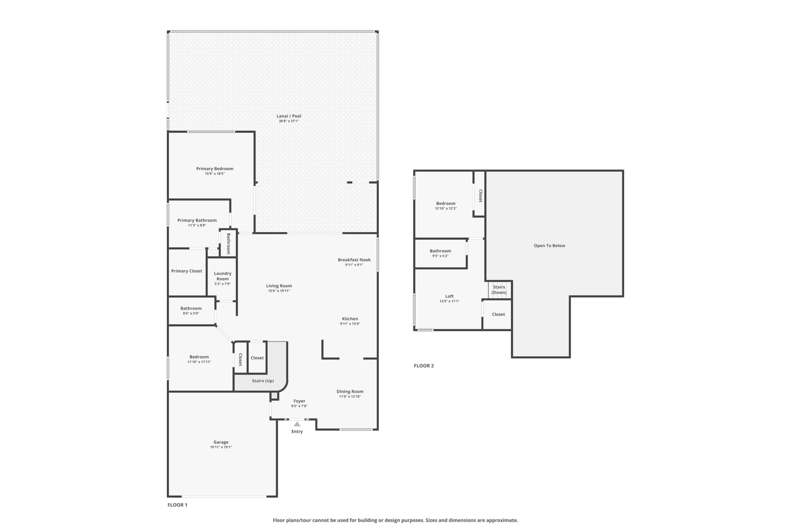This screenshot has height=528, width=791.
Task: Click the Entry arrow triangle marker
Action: click(x=297, y=424)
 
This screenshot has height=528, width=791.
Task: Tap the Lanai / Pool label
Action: click(x=289, y=116)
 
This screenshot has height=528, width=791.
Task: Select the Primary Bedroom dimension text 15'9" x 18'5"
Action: click(x=215, y=174)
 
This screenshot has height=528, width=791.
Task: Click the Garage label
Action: click(x=221, y=442)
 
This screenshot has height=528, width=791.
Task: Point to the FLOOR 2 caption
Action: click(x=424, y=366)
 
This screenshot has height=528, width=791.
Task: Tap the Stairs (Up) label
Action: click(x=263, y=381)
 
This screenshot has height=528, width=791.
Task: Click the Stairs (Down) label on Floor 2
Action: click(x=499, y=290)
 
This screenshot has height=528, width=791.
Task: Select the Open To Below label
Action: click(x=550, y=246)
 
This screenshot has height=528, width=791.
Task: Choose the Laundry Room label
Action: click(x=223, y=276)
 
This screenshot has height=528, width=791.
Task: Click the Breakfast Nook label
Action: click(x=354, y=260)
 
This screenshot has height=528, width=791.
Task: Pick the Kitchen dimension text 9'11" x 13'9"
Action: click(x=350, y=324)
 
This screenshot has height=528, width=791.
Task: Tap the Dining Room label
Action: click(x=350, y=391)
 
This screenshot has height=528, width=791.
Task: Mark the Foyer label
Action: click(x=299, y=401)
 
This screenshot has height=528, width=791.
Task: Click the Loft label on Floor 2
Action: click(x=449, y=296)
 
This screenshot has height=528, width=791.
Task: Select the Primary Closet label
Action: click(x=187, y=271)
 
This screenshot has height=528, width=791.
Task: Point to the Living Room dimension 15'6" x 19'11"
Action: click(x=279, y=291)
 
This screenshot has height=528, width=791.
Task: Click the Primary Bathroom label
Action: click(x=197, y=220)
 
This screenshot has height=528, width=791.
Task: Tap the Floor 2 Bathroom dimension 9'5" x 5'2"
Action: click(x=440, y=256)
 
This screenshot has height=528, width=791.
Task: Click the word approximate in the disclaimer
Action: click(x=502, y=520)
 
